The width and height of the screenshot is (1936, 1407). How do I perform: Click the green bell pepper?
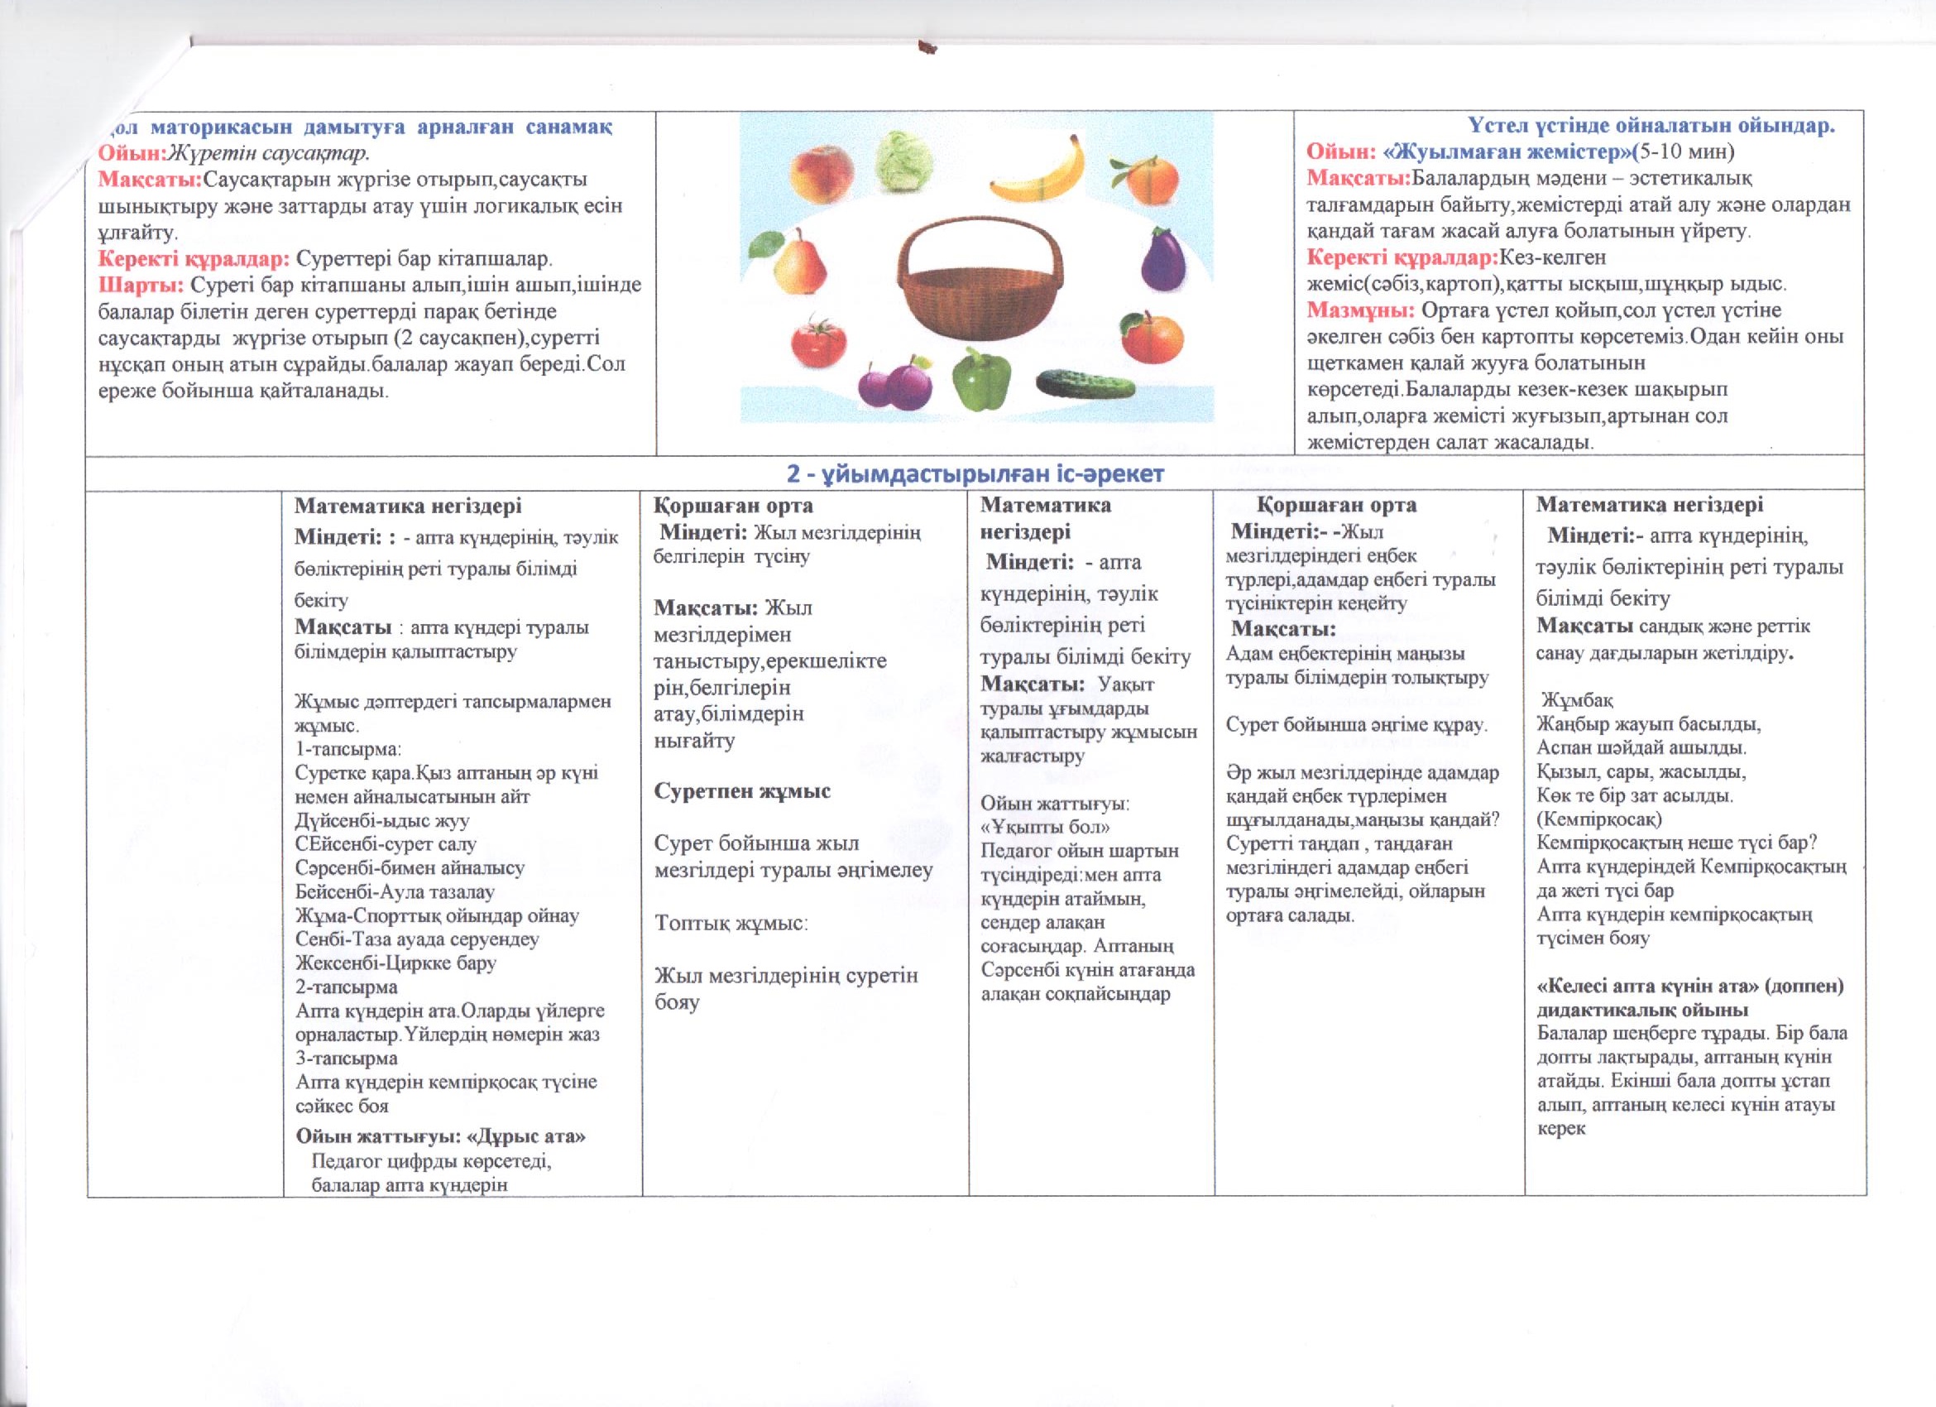tap(982, 378)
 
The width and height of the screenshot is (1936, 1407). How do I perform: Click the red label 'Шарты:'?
tap(141, 285)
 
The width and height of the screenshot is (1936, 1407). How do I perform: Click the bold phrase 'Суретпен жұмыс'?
tap(742, 790)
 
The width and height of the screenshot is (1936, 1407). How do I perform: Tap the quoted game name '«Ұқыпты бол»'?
tap(1045, 828)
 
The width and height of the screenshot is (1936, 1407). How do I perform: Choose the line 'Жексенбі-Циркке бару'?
tap(395, 963)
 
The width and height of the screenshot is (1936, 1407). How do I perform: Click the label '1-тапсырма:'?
tap(347, 749)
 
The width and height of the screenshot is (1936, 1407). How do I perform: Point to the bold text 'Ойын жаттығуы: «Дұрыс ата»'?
tap(440, 1136)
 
